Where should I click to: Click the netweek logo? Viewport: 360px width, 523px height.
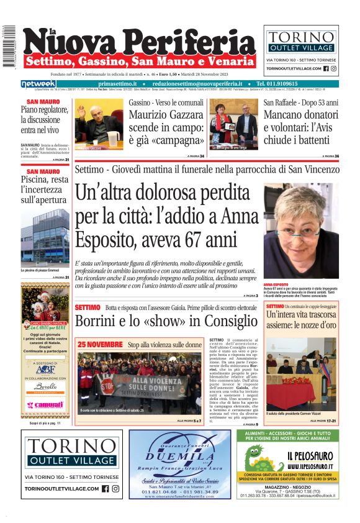point(38,84)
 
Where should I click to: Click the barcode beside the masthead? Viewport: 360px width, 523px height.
point(9,47)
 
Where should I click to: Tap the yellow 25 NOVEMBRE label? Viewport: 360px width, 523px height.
point(100,343)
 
